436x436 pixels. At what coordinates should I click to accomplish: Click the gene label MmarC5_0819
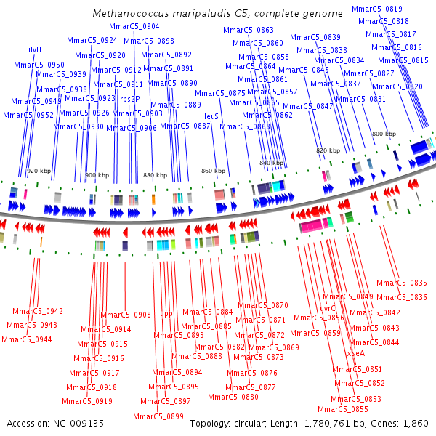(376, 9)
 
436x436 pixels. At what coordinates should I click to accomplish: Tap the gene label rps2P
(130, 98)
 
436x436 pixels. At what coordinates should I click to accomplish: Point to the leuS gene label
(211, 116)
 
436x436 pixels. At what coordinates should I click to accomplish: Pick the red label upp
(166, 313)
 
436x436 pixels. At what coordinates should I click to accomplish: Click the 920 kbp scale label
(39, 171)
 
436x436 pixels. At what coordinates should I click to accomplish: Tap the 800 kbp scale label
(384, 134)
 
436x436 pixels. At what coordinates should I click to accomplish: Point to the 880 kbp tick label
(155, 175)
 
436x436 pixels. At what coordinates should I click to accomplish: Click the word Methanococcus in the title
(125, 14)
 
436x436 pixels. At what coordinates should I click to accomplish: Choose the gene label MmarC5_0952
(28, 115)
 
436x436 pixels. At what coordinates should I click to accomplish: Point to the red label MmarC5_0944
(26, 339)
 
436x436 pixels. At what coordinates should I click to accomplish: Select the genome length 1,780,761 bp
(332, 423)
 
